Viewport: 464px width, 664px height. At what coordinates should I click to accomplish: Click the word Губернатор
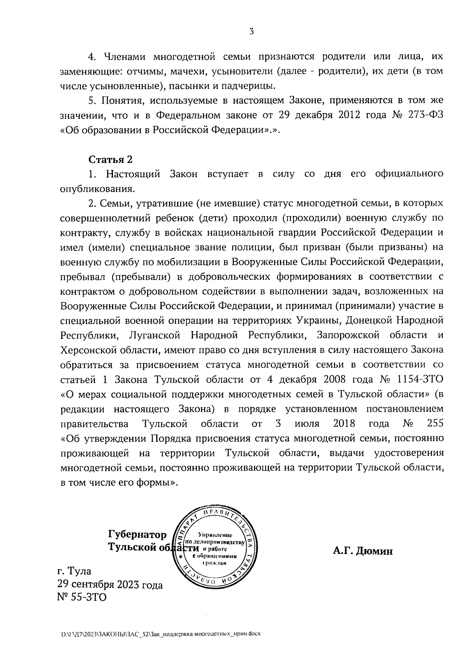click(x=137, y=535)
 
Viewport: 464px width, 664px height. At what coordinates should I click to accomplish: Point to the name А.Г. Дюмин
click(x=363, y=551)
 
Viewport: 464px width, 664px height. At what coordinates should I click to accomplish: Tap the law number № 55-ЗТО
click(x=81, y=597)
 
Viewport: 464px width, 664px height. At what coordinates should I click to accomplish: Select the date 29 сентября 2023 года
click(x=110, y=584)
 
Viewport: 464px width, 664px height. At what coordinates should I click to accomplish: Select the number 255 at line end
click(x=435, y=423)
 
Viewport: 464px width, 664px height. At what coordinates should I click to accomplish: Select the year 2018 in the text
click(x=344, y=423)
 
